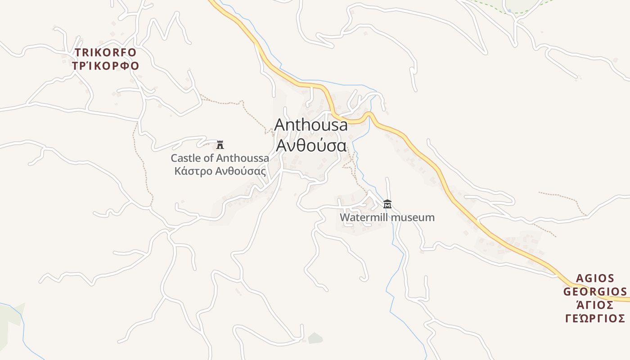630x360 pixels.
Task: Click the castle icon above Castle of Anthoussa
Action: [220, 145]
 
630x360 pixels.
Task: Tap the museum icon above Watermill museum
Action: [387, 204]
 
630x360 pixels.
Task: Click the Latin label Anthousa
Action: [311, 125]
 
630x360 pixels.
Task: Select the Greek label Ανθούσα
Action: [311, 145]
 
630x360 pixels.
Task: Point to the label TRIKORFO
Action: [105, 53]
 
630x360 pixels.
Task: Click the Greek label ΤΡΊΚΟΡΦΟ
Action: [105, 66]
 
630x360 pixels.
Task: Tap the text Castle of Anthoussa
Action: [220, 158]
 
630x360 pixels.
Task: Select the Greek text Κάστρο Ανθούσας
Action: [220, 171]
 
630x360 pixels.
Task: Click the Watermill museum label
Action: [387, 218]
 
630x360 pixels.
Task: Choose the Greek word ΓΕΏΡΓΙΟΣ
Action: [595, 319]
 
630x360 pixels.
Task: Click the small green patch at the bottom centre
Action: [315, 337]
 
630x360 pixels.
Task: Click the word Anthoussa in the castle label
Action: [243, 158]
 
